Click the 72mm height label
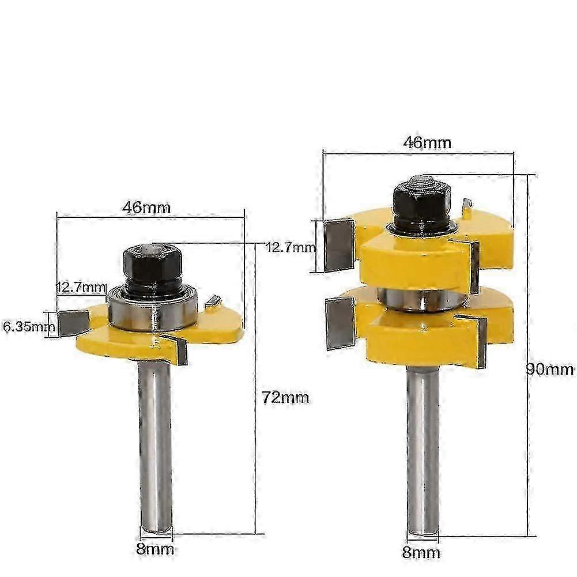[285, 398]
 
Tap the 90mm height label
[550, 369]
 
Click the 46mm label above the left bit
[146, 208]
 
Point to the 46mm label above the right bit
[427, 142]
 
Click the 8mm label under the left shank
[155, 549]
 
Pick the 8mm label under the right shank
[421, 552]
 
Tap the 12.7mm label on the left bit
[81, 287]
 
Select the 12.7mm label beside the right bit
[291, 247]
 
